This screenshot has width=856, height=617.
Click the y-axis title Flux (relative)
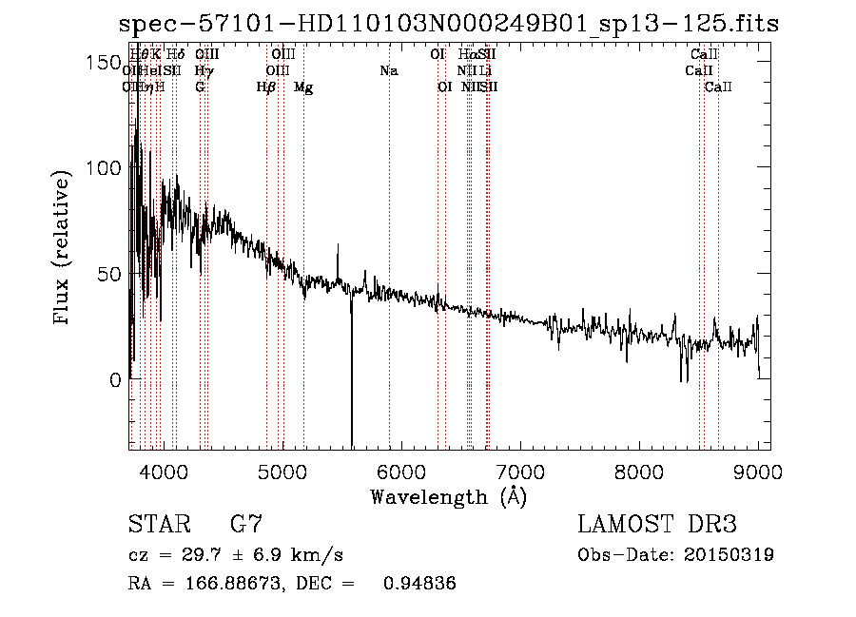point(63,248)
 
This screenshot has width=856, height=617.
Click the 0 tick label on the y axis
point(114,380)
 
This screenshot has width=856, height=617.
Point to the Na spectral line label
point(388,70)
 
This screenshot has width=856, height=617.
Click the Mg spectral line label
point(303,87)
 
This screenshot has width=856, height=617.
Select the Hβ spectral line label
point(266,87)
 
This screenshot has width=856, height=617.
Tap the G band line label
point(200,87)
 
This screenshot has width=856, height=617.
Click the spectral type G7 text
point(246,524)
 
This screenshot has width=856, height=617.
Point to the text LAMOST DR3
point(657,524)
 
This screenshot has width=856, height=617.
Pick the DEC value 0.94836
point(418,584)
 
